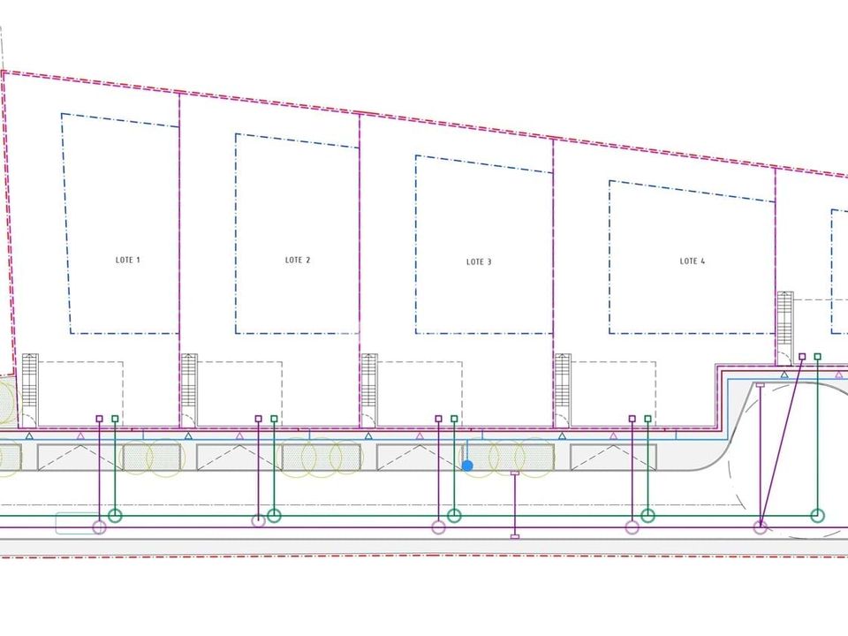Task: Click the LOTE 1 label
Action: [127, 260]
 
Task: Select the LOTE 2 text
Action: [298, 260]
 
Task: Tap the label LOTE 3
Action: [479, 261]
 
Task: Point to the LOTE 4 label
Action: [693, 261]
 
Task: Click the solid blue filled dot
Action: [468, 466]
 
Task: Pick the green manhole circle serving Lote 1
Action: [115, 515]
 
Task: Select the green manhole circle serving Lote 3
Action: [454, 515]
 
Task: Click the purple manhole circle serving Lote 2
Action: [259, 521]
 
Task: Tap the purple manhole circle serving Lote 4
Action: [632, 527]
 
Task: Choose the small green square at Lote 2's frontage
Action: [274, 419]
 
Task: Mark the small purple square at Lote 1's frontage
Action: [99, 419]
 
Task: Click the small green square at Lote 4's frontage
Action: [647, 419]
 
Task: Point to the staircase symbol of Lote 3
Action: [369, 384]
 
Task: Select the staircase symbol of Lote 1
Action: [30, 384]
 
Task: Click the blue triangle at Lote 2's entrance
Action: [188, 435]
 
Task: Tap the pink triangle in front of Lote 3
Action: [420, 435]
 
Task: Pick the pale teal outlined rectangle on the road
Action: [78, 523]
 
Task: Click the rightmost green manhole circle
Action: [818, 515]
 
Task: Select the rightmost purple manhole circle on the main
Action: [761, 527]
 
